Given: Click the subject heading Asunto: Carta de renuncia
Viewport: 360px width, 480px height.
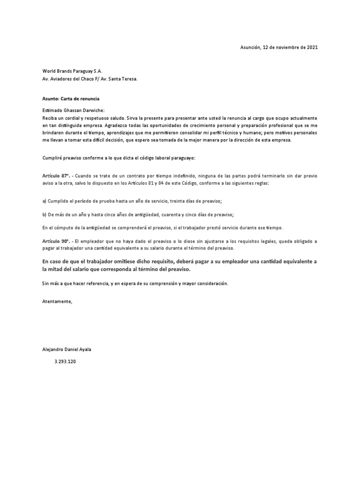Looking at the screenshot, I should [x=71, y=99].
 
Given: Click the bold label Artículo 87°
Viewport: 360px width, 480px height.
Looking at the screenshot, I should [x=56, y=175].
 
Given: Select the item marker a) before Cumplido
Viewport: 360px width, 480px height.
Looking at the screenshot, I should [x=45, y=201].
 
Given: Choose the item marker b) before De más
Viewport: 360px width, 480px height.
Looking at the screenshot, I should [x=45, y=214].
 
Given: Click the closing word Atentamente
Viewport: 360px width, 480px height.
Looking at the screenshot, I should [x=58, y=301].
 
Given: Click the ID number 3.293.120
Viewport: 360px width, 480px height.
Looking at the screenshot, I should [x=66, y=361].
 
